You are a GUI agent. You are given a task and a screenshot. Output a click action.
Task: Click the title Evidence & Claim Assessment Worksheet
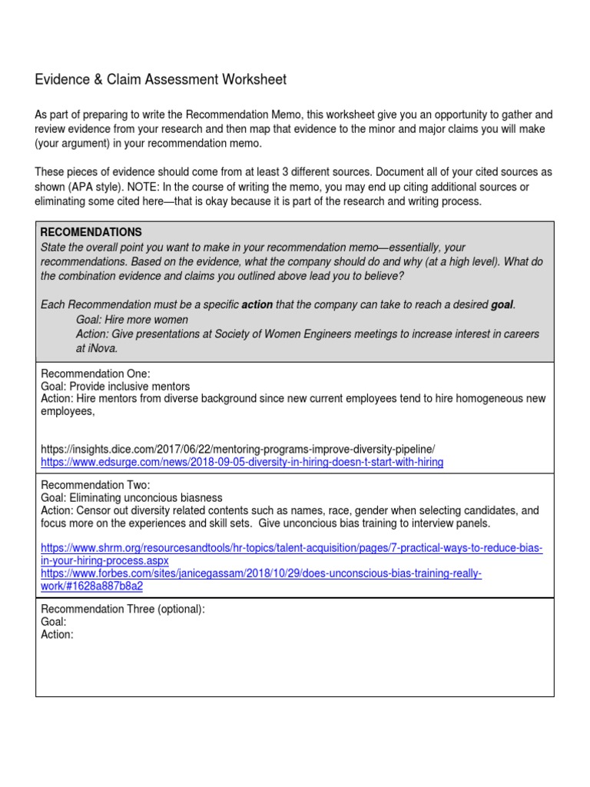161,79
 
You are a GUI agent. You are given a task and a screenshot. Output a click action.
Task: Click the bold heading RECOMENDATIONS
91,232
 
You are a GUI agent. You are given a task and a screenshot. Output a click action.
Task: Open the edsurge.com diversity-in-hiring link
241,462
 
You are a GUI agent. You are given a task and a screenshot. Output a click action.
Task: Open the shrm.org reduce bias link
291,547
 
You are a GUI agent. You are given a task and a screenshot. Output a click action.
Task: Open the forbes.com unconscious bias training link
261,573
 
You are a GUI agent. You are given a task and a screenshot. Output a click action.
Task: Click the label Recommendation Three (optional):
122,609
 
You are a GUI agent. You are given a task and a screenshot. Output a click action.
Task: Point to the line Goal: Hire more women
132,320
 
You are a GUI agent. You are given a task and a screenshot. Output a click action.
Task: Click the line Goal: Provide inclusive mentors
114,387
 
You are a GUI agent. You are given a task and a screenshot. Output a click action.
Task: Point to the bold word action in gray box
257,305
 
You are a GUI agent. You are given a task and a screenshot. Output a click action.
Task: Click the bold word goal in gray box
502,305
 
